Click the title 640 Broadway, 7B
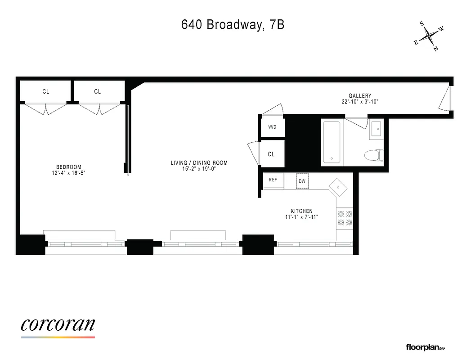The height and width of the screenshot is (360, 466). tap(233, 25)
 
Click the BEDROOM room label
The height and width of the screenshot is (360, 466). tap(69, 167)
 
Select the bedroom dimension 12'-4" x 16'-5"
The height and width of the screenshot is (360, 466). tap(69, 173)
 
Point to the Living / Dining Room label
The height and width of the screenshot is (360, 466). tap(199, 163)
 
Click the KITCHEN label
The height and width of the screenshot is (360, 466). tap(301, 211)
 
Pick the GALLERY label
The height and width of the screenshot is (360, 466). tap(360, 96)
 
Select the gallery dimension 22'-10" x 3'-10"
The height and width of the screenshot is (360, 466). tap(360, 102)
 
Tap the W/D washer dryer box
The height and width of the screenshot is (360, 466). tap(273, 127)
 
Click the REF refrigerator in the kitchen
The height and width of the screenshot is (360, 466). tap(273, 180)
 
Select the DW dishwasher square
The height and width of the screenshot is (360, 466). tap(302, 181)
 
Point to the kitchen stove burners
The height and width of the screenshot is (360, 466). tap(345, 218)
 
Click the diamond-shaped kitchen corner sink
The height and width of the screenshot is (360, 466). tap(338, 187)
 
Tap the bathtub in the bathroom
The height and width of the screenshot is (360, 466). tap(332, 142)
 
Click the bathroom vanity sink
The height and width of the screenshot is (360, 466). tap(376, 129)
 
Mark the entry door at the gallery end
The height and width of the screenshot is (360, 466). tap(445, 99)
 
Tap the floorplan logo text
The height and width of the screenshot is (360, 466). tap(425, 347)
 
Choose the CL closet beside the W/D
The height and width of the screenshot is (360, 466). tap(271, 154)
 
